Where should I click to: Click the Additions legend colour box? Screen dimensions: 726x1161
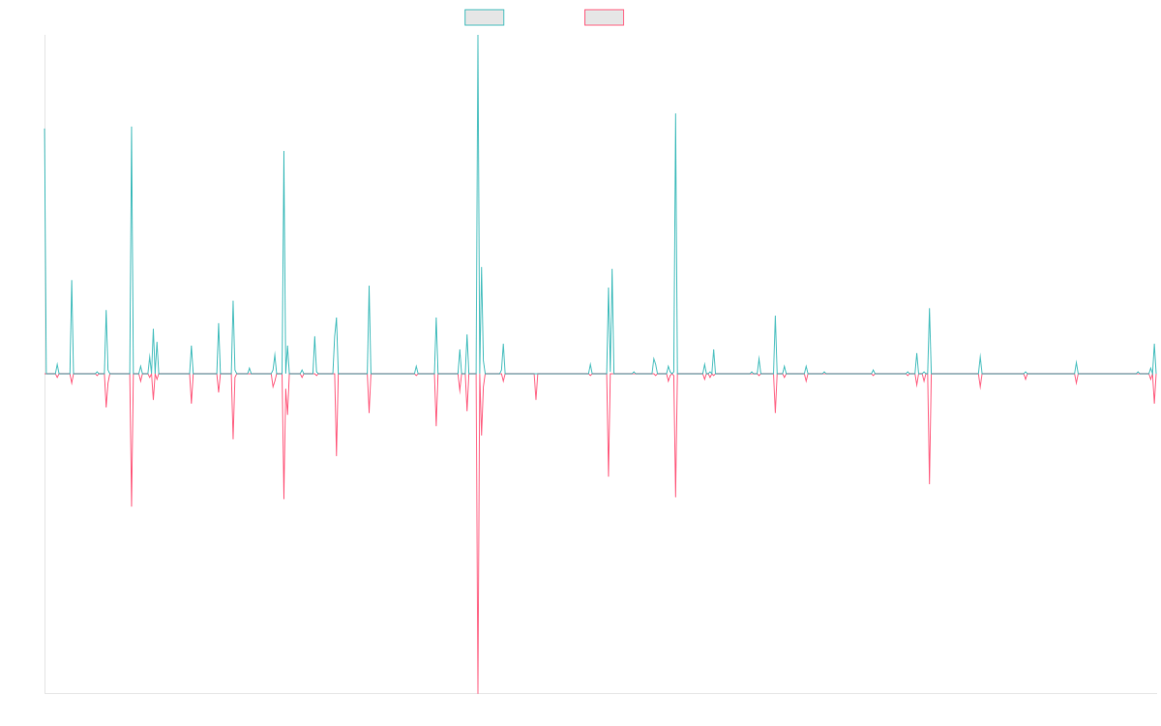pyautogui.click(x=485, y=17)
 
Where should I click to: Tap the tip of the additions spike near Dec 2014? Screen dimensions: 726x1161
pyautogui.click(x=132, y=127)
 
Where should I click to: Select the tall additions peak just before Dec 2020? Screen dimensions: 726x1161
pyautogui.click(x=675, y=115)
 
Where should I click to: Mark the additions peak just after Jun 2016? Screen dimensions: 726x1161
pyautogui.click(x=283, y=151)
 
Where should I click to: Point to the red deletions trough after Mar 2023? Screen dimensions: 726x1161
pyautogui.click(x=929, y=483)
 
